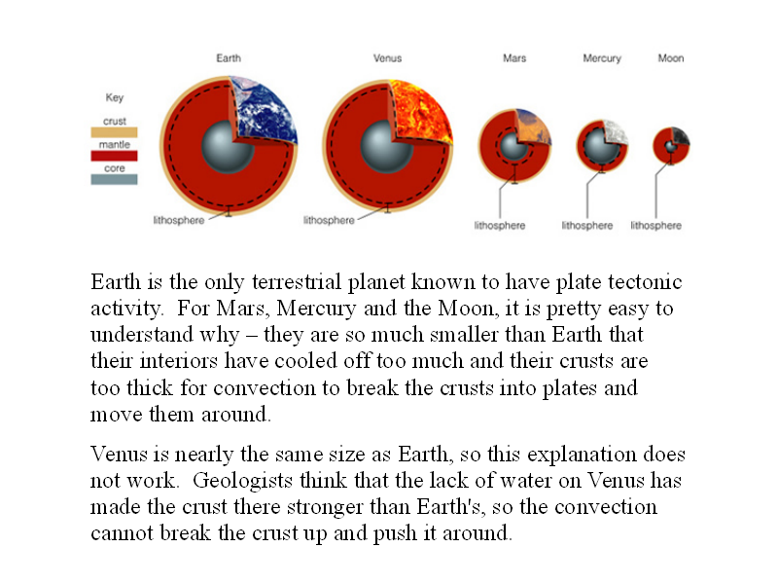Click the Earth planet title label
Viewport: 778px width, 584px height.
229,58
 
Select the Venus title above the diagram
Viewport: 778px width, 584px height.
387,58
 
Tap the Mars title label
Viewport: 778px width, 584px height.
514,58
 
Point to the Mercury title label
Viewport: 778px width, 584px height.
602,58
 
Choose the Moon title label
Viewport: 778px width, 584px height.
671,58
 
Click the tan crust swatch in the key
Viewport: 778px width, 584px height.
114,132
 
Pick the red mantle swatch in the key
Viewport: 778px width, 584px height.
114,156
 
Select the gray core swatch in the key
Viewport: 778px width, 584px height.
114,179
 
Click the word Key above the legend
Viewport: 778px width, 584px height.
115,97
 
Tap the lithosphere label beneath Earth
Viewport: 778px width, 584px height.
179,220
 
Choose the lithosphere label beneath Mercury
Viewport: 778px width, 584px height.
587,226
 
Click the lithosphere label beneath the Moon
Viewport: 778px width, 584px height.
655,226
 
